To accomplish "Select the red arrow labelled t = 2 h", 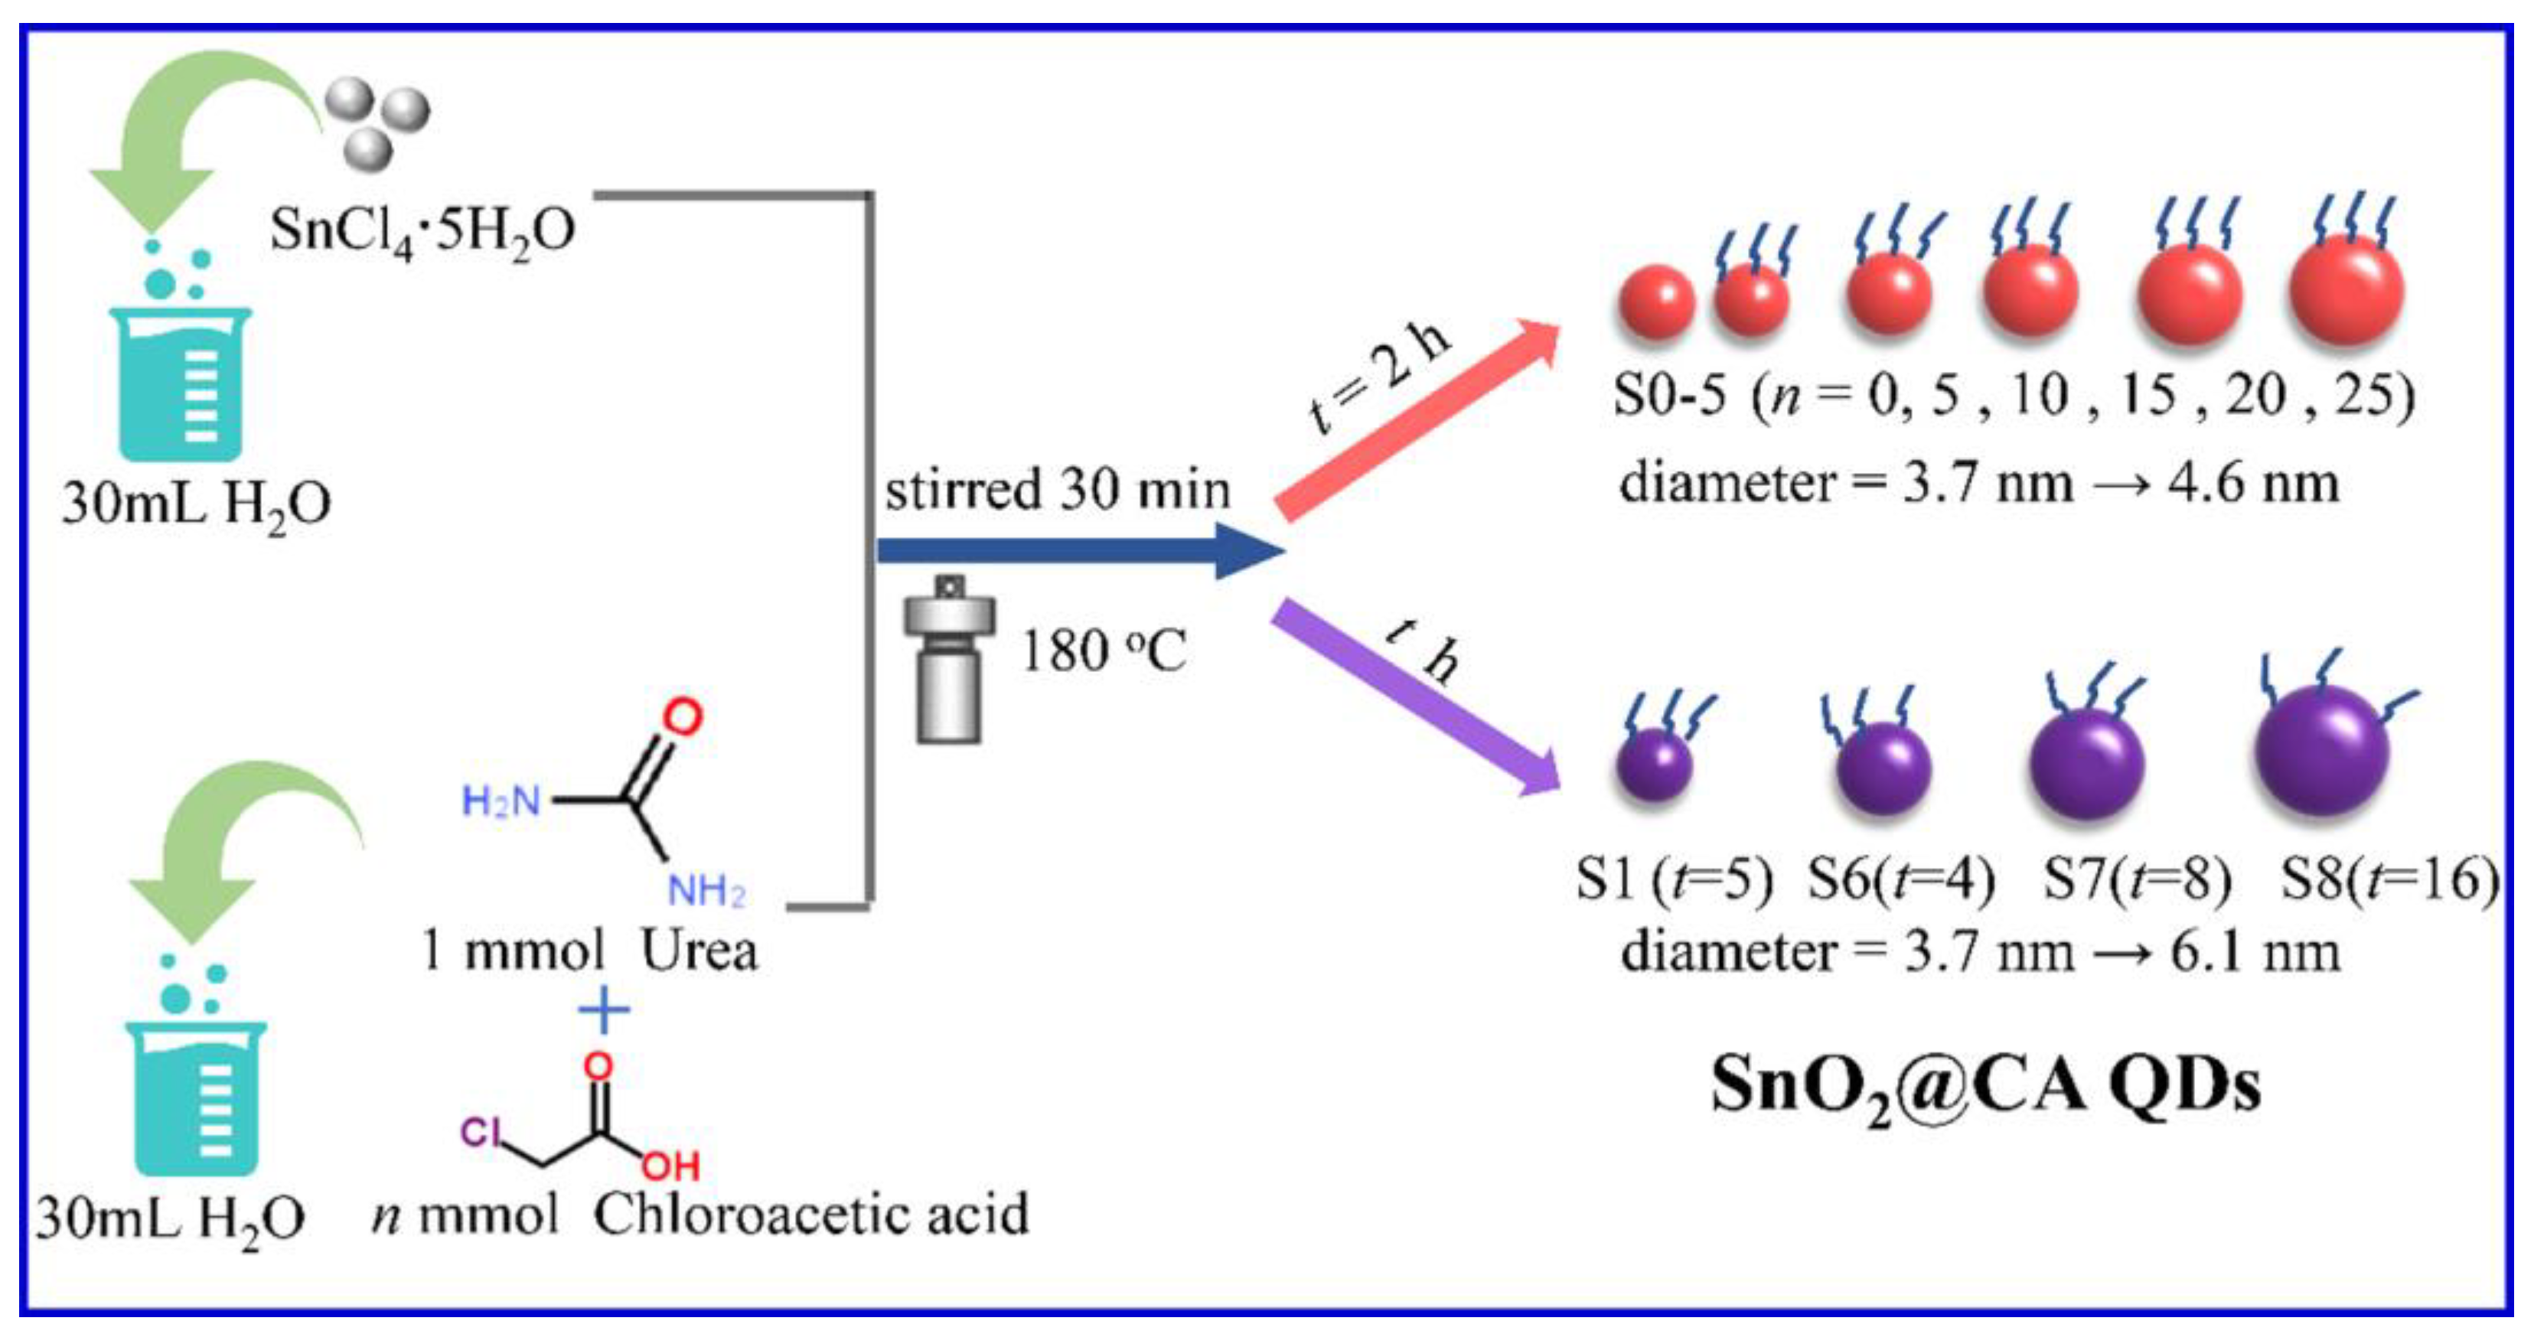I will click(x=1417, y=418).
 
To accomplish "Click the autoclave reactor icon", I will click(x=948, y=659).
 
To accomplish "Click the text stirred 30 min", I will click(x=1058, y=489).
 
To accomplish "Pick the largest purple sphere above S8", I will click(x=2321, y=752).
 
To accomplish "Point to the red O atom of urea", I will click(x=682, y=716).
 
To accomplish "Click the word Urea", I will click(x=700, y=951).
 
